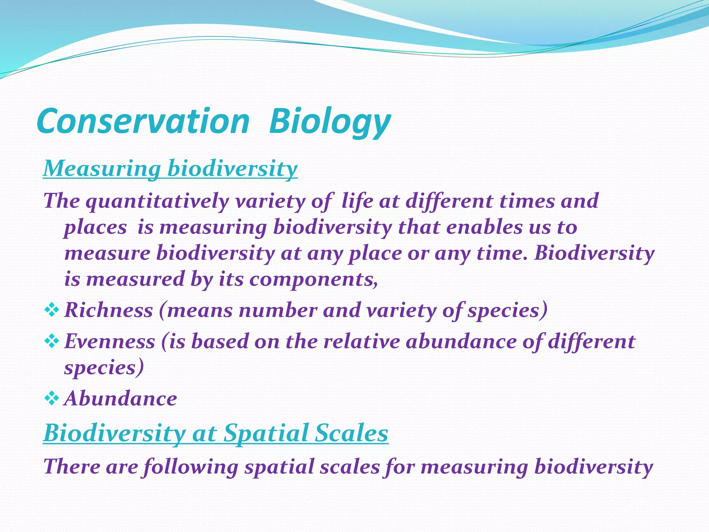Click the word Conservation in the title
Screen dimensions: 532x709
pos(143,121)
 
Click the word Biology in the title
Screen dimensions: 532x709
pos(330,121)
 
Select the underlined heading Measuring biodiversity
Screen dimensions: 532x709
pos(170,169)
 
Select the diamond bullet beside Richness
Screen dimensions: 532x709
pos(52,310)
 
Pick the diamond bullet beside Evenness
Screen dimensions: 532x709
pos(52,341)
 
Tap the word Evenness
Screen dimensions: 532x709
pos(110,341)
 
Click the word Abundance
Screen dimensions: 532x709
pos(121,399)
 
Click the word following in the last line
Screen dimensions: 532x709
pos(190,467)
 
